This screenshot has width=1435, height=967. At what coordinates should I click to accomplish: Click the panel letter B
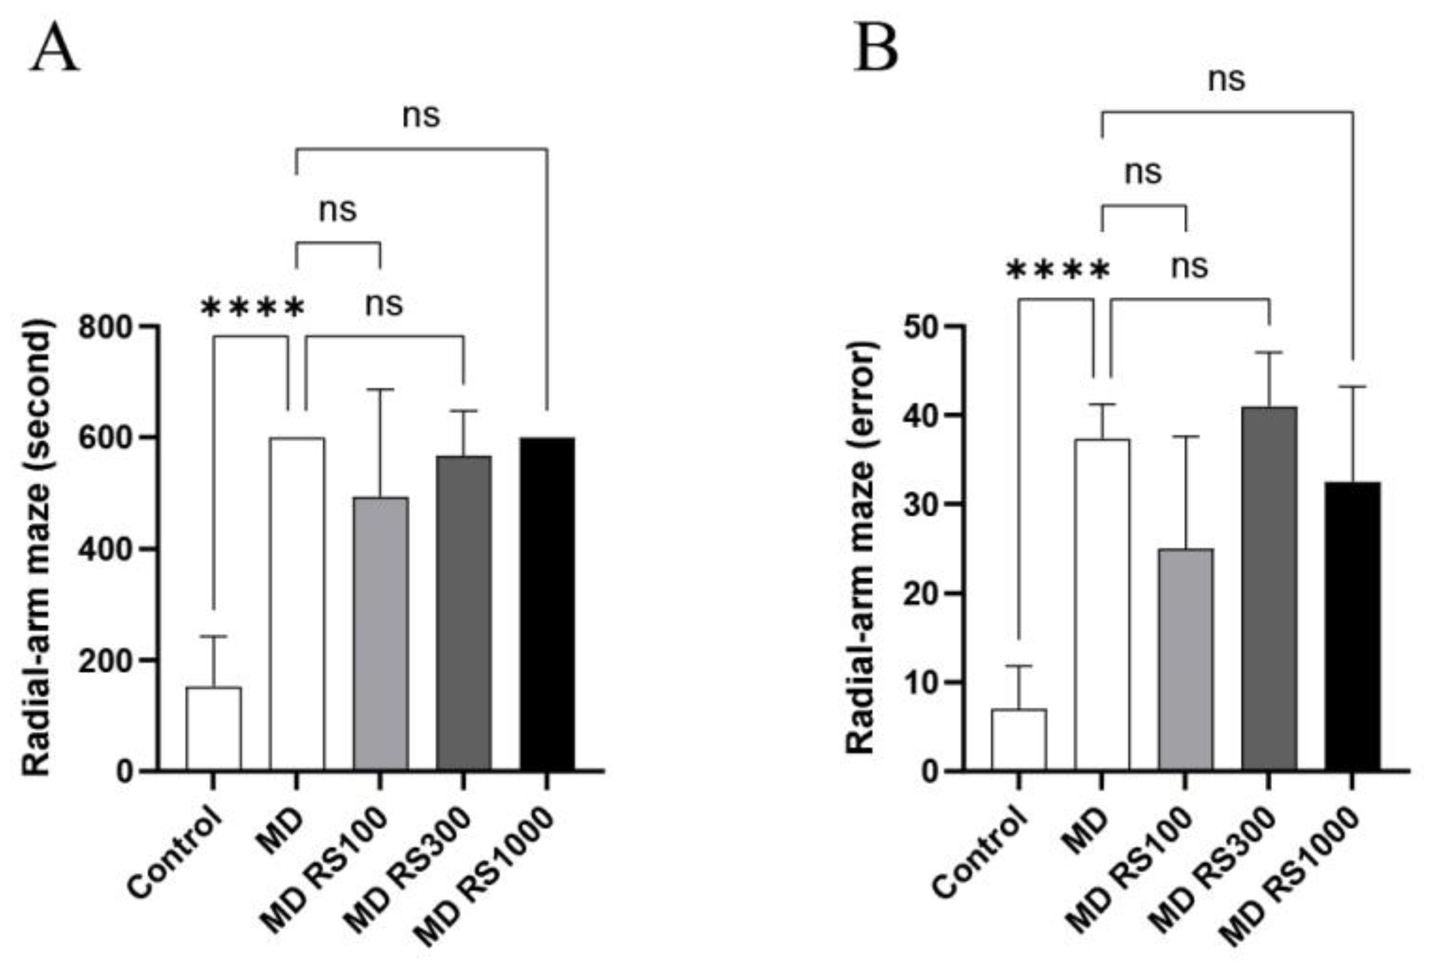tap(876, 50)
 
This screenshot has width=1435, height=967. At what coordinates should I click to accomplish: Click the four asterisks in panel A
tap(253, 308)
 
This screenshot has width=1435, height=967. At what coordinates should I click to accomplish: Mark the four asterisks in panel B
tap(1058, 271)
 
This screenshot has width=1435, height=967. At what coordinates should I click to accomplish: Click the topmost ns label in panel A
tap(421, 115)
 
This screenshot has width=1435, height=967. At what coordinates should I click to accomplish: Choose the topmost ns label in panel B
tap(1226, 79)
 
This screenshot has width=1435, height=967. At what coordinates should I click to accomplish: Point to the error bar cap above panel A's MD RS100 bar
tap(380, 389)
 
